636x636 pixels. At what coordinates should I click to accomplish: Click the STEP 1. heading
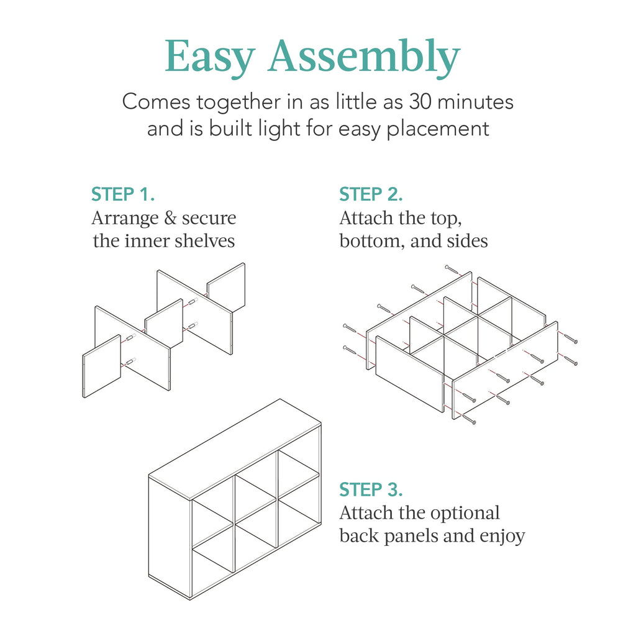click(x=122, y=194)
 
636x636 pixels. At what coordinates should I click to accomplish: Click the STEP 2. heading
click(x=371, y=194)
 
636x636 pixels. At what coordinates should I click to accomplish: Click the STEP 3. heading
click(x=371, y=490)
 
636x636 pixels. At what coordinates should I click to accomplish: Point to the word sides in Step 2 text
click(x=467, y=241)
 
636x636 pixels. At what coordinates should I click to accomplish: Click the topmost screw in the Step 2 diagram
click(x=452, y=270)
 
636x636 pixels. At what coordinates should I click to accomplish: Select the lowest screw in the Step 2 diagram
click(x=468, y=420)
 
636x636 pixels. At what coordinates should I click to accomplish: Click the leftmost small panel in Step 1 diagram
click(x=101, y=366)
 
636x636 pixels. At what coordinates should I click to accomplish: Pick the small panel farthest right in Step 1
click(x=226, y=287)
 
